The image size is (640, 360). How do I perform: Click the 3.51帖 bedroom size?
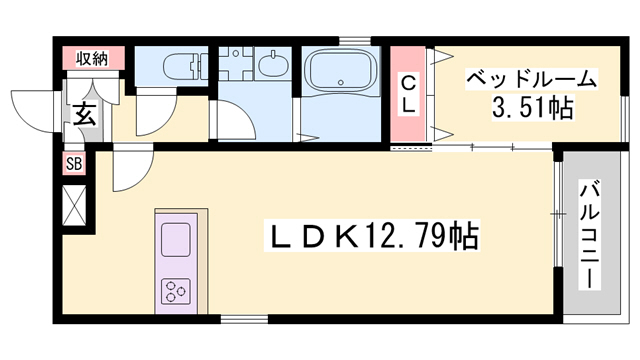[x=531, y=107]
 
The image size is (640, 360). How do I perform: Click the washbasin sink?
[x=270, y=67]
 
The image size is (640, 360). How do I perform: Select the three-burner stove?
[x=177, y=291]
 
